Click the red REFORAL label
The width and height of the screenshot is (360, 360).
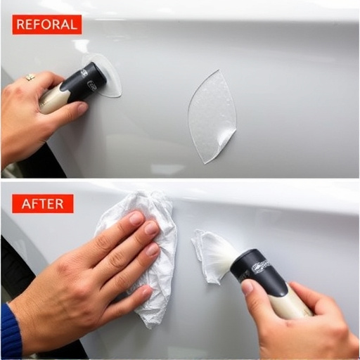click(47, 25)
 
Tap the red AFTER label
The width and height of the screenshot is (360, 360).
click(43, 204)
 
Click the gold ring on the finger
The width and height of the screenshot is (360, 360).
click(30, 77)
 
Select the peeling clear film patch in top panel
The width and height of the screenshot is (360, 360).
click(212, 117)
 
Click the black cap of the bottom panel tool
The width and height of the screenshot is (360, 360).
click(259, 273)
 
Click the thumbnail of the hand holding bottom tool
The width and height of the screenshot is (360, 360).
click(248, 288)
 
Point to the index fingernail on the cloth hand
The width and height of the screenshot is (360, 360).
click(136, 217)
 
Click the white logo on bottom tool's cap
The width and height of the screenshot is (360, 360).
click(261, 266)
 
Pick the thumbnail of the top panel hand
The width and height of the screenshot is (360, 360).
click(82, 108)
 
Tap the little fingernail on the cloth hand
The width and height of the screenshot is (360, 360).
click(147, 292)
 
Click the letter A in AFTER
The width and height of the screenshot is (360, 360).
click(26, 204)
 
